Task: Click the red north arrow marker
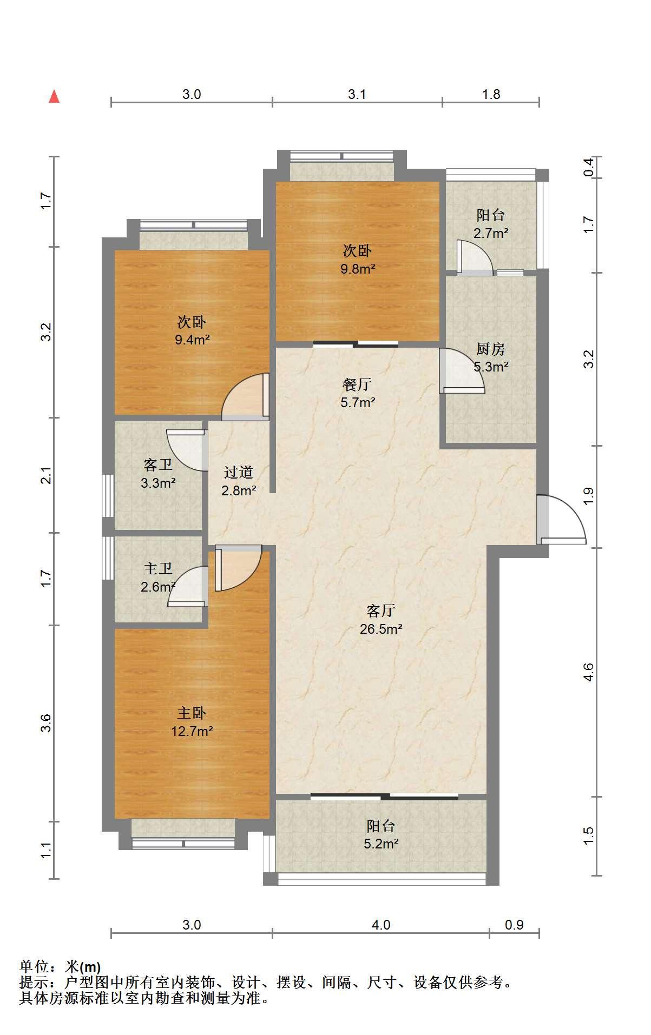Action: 54,96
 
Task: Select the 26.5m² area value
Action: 381,629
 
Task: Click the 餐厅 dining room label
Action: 357,384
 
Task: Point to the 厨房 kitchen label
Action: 491,349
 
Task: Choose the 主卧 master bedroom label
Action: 192,713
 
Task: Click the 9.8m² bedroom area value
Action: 357,269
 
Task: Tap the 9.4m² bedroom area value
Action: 192,340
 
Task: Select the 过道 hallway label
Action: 239,472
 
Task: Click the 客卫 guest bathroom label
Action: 158,465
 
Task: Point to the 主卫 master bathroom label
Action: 158,568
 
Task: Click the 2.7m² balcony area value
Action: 491,233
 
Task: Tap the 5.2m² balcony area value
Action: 381,844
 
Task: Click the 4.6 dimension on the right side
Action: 589,672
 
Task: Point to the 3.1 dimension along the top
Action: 357,95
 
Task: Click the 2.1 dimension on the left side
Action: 48,475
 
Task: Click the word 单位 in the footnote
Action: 34,966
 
